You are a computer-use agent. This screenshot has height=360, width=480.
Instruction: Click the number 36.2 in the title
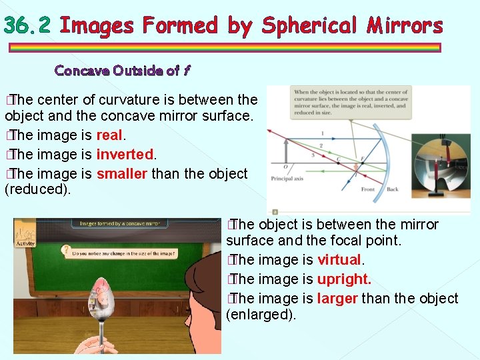coord(27,25)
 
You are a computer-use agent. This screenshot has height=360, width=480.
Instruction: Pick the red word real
coord(109,135)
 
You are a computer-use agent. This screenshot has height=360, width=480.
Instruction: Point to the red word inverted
coord(125,155)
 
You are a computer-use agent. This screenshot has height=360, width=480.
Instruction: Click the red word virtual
coord(339,259)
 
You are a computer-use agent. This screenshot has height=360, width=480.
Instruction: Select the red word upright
coord(344,279)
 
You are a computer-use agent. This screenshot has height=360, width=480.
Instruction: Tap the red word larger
coord(337,298)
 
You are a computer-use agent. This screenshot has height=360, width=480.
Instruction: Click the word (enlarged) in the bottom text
coord(261,315)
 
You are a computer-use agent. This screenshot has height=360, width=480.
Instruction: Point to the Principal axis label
coord(287,178)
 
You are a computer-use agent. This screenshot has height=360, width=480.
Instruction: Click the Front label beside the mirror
coord(367,189)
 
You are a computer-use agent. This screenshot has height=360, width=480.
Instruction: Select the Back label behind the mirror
coord(393,189)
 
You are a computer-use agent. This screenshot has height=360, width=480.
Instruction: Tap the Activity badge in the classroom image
coord(25,237)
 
